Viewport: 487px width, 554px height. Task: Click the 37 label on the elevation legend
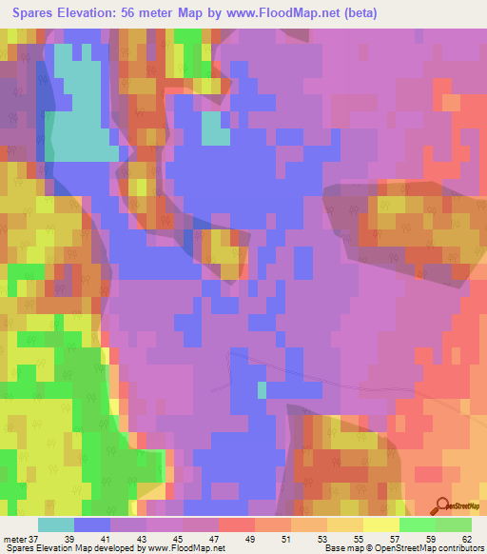(35, 538)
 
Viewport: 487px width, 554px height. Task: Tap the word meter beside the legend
(15, 538)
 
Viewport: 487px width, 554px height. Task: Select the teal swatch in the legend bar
(56, 524)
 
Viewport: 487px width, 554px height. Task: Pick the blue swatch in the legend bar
(92, 524)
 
